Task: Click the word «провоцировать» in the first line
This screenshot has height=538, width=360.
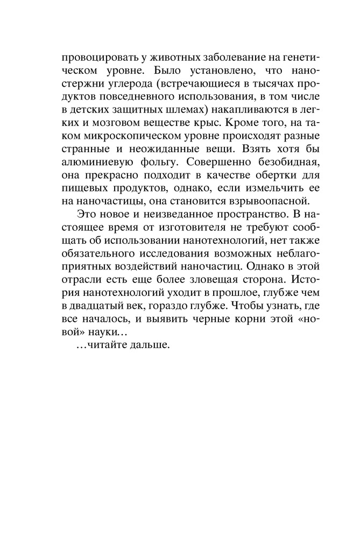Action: [89, 58]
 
